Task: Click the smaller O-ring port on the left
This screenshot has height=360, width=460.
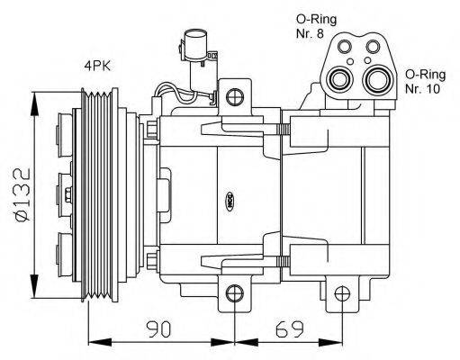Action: [340, 78]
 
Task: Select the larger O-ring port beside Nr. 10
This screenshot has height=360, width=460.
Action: [377, 81]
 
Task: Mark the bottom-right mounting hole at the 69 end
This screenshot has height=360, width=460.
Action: [342, 293]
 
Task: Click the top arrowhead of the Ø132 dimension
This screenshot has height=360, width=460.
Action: [36, 95]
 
